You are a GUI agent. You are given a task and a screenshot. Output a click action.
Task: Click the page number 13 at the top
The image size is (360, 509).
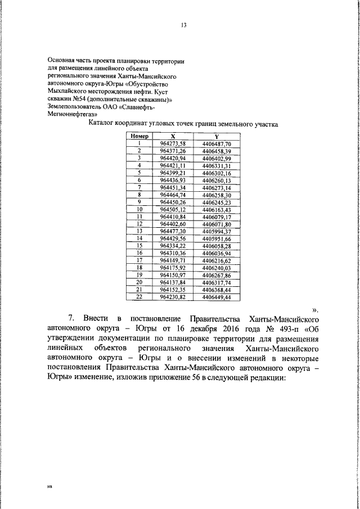(x=184, y=25)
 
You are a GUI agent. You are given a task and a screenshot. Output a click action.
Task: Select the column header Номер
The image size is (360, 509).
(x=139, y=136)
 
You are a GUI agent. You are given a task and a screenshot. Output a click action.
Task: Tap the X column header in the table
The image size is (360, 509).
(x=173, y=136)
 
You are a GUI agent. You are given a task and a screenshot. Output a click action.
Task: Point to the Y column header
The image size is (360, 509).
(x=217, y=136)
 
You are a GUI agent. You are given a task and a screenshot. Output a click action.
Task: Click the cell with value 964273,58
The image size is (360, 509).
(x=173, y=143)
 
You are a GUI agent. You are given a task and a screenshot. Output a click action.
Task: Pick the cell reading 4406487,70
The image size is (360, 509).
(x=217, y=143)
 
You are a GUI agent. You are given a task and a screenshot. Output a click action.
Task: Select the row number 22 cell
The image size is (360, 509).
(x=139, y=296)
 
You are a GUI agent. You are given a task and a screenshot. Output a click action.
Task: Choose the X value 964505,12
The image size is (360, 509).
(x=173, y=209)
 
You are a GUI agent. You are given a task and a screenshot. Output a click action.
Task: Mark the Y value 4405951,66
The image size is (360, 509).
(x=217, y=238)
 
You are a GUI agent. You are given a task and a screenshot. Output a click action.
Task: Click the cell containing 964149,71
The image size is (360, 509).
(x=173, y=260)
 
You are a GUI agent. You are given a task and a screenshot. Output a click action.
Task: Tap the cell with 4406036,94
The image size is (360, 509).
(x=217, y=253)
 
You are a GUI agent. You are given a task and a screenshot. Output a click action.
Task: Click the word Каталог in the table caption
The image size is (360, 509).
(x=103, y=123)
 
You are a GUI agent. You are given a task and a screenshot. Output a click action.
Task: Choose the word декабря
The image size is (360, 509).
(x=196, y=329)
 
